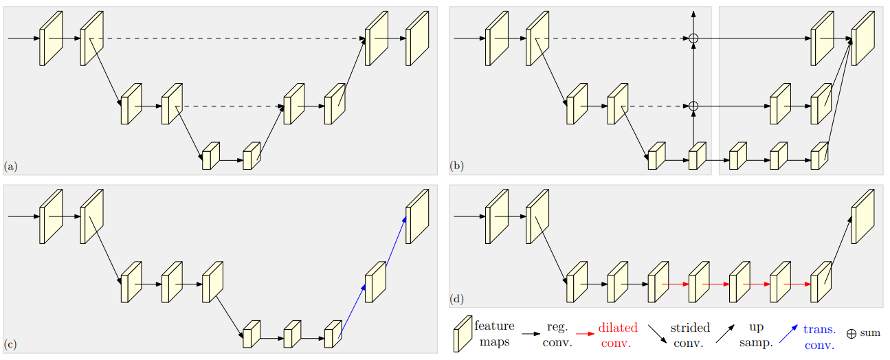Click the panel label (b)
[x=456, y=166]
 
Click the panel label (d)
[x=456, y=299]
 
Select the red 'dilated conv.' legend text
[x=617, y=335]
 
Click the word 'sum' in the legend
[x=869, y=333]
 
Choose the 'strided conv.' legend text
[x=689, y=335]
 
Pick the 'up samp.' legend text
[x=755, y=335]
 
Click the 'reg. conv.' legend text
[x=557, y=335]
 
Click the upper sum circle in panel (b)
[x=693, y=38]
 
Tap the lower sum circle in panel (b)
[x=693, y=106]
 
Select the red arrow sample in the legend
[x=584, y=334]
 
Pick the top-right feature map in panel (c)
[x=416, y=216]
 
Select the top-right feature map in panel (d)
[x=863, y=216]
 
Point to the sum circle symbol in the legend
[x=852, y=333]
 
